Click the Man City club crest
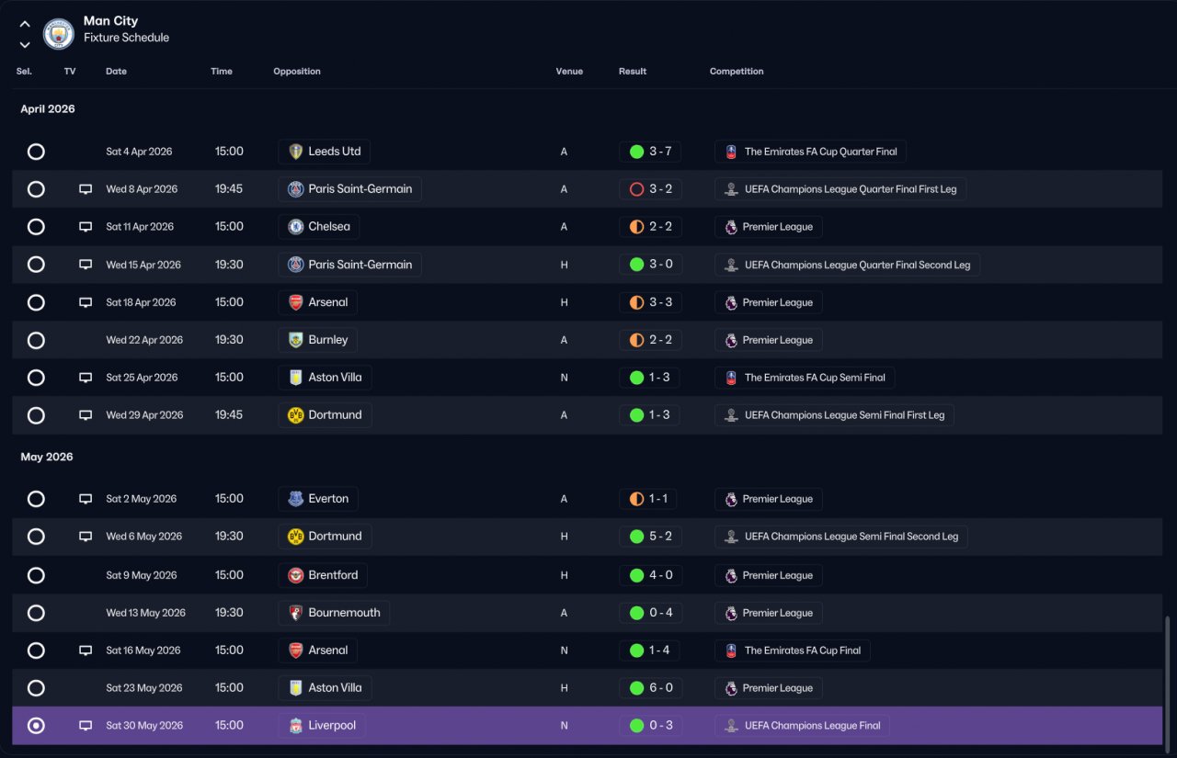(58, 34)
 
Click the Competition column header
(737, 72)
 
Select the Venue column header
(569, 72)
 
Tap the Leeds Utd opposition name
(334, 152)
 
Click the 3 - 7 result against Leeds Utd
(660, 152)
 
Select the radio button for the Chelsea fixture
(36, 227)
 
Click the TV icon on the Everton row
(86, 499)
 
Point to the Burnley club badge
(296, 340)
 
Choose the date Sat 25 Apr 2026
(142, 378)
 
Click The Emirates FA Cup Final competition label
(803, 651)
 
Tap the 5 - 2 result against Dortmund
(660, 537)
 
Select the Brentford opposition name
(333, 575)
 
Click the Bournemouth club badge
(296, 613)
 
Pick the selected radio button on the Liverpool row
(36, 726)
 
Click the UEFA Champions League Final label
(812, 726)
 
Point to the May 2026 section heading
(47, 457)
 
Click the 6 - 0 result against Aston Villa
(660, 687)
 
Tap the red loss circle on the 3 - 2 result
(636, 189)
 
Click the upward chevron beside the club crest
(25, 24)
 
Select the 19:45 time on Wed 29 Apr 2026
(229, 415)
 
